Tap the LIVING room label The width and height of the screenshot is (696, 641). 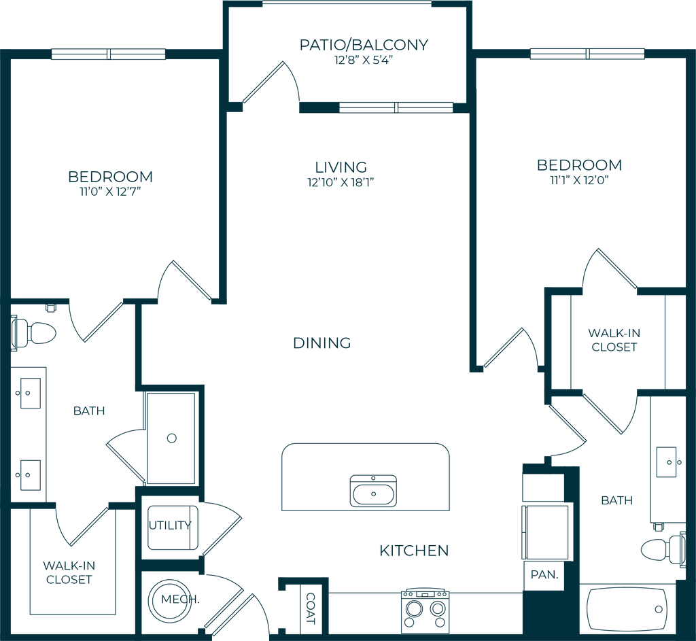point(341,167)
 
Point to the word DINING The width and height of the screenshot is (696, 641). point(322,343)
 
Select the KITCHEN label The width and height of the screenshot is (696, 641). point(414,551)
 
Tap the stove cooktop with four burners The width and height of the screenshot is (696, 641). point(425,607)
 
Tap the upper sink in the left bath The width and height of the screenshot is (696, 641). point(29,392)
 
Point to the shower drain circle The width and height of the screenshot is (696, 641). point(172,438)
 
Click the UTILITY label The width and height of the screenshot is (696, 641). point(172,525)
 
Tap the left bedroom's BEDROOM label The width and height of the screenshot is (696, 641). point(111,177)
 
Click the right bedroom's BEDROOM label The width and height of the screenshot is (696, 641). point(579,165)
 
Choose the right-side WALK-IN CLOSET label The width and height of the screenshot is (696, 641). point(614,340)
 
